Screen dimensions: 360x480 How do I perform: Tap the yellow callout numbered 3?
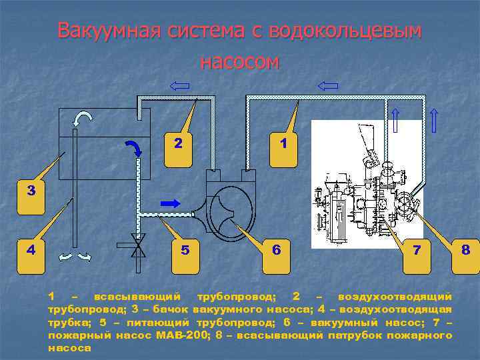31,193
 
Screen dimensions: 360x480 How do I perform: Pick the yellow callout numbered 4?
31,253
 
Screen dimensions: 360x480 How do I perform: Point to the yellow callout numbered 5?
185,253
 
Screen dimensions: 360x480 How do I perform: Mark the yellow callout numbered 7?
417,253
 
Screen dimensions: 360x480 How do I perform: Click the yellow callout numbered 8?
465,253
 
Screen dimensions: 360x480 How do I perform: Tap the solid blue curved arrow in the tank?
133,145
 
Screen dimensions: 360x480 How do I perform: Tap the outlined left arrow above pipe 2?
179,85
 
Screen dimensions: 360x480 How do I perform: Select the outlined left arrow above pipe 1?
328,85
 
